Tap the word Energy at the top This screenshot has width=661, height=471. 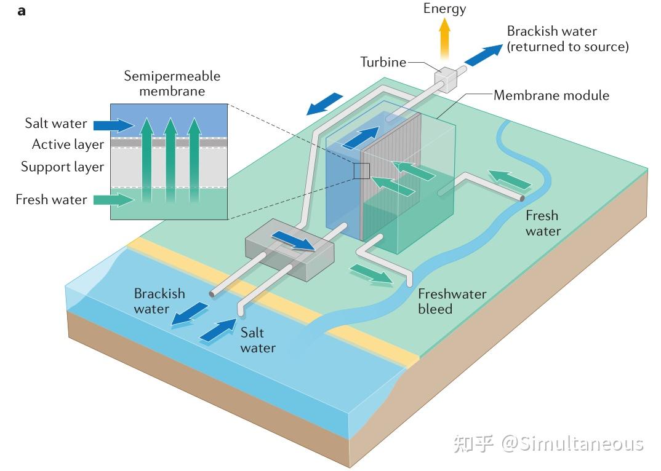(x=445, y=9)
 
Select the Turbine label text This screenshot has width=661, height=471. (x=383, y=62)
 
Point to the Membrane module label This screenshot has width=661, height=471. (x=551, y=95)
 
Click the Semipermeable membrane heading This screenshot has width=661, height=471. (x=172, y=84)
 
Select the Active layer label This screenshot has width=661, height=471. (x=68, y=144)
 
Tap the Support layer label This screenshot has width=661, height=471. (x=62, y=167)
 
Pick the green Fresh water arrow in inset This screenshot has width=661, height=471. (x=111, y=199)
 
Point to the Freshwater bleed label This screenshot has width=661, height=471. (x=452, y=301)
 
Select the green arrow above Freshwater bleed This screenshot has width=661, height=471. (x=372, y=275)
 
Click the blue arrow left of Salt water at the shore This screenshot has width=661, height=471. (x=218, y=330)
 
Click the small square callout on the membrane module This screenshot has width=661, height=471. (x=361, y=171)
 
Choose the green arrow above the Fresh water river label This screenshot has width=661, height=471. (x=510, y=180)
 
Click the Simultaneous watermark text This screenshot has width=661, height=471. (x=572, y=443)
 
